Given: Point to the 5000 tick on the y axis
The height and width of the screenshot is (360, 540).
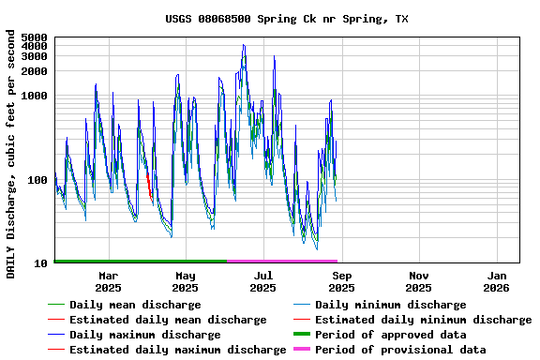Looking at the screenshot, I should point(34,37).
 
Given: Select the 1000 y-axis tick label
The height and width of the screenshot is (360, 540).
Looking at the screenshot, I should point(34,96).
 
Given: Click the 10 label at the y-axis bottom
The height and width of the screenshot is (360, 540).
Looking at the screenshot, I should point(40,263).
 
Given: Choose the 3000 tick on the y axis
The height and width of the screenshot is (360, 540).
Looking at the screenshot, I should point(34,55).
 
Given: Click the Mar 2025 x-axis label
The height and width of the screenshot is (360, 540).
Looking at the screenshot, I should point(108,281).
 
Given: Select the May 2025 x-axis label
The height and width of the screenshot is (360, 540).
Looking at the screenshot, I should point(186,281).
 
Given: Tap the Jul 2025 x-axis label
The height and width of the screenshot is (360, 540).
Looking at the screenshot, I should point(263,281).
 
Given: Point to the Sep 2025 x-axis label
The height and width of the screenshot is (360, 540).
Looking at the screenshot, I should point(341,281).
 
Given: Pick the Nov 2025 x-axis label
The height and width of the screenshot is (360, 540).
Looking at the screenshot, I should point(419,281).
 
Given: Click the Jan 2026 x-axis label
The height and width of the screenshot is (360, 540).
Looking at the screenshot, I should point(497,281).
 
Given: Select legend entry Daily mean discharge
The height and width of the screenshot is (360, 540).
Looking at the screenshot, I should point(135,305).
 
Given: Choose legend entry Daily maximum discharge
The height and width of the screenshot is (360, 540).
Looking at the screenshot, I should point(145,335).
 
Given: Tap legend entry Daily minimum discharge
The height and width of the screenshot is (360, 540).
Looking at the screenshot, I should point(390,305).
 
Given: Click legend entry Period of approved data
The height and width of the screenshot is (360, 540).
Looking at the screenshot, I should point(390,335).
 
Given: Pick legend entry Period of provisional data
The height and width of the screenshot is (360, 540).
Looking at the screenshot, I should point(400,350).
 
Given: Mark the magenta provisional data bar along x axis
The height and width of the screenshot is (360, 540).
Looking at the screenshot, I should point(281,262).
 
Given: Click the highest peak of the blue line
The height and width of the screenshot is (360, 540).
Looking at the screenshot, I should point(244,45).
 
